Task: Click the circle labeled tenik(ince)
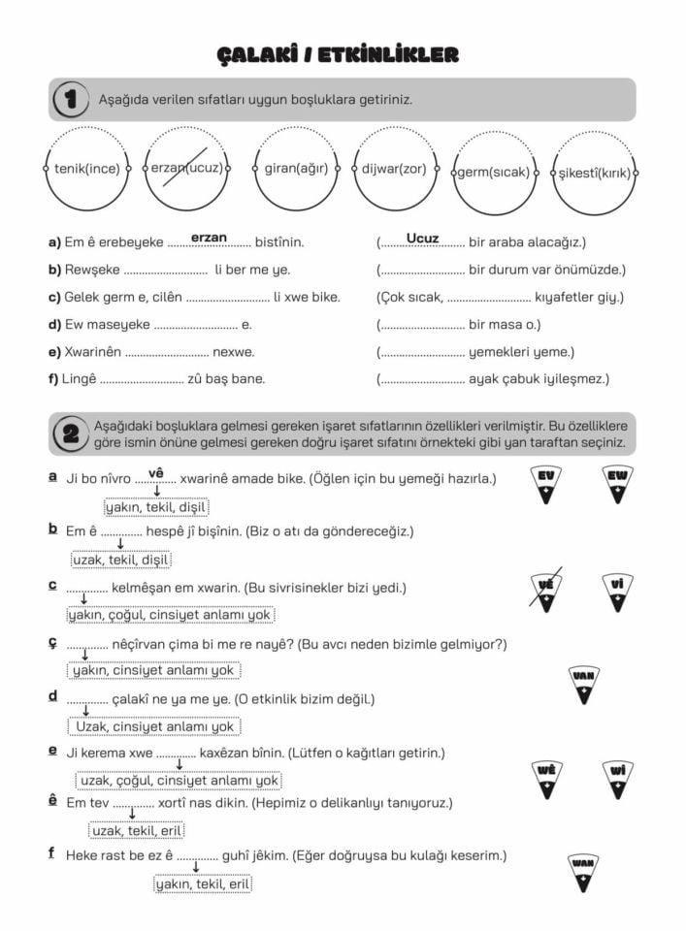(x=87, y=169)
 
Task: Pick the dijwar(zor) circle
(x=394, y=169)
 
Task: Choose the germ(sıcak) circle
(x=494, y=173)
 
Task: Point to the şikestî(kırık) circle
(x=594, y=173)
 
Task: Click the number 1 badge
(x=70, y=99)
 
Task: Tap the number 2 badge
(x=70, y=433)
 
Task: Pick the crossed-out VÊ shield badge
(x=546, y=591)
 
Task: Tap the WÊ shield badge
(x=546, y=778)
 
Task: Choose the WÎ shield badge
(x=617, y=778)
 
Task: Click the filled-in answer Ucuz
(x=423, y=239)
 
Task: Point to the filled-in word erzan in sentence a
(x=209, y=238)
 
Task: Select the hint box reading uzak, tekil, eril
(x=137, y=830)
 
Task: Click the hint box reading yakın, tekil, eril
(x=203, y=883)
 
